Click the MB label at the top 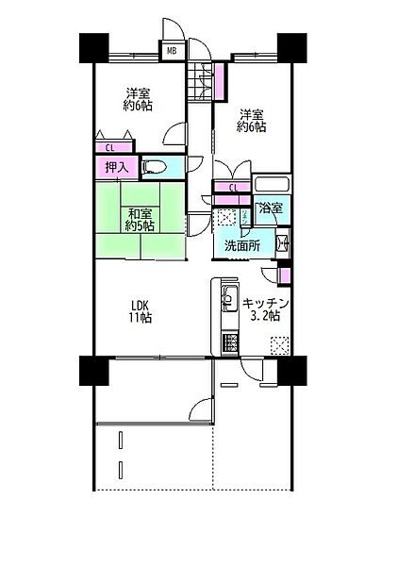click(174, 50)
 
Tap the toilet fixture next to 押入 click(156, 168)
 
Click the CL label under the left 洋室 click(110, 146)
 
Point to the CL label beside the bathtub click(234, 189)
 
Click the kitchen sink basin click(227, 303)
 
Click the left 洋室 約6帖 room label click(140, 100)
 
